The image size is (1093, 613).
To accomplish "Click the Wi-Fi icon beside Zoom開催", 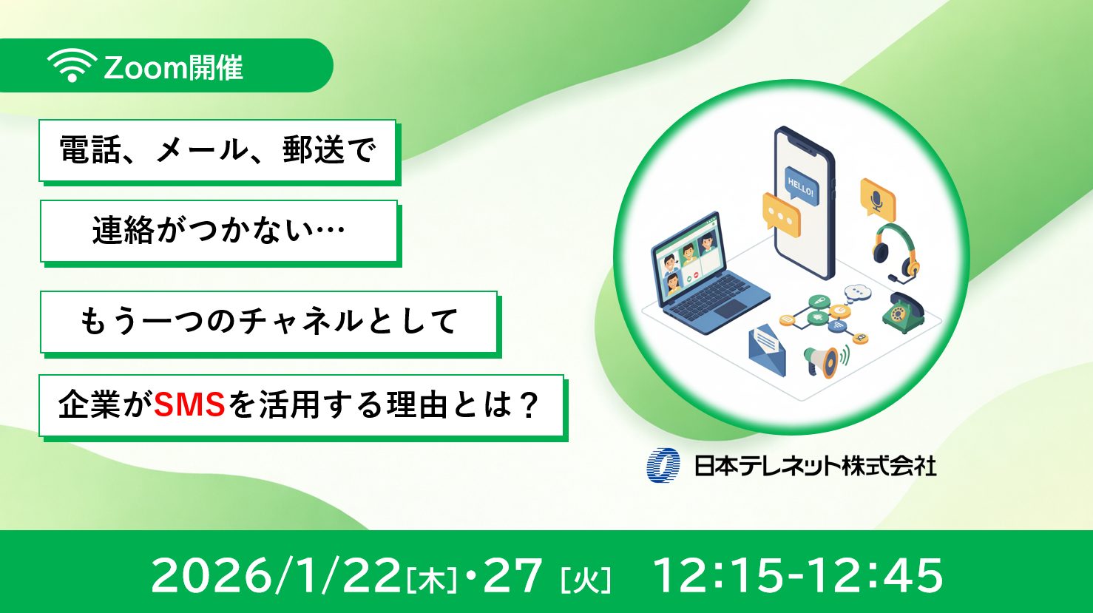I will [x=71, y=67].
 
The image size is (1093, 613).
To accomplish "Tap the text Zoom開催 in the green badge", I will [x=174, y=68].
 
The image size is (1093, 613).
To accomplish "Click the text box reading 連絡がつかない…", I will [x=219, y=231].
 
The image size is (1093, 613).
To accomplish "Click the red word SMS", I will [x=189, y=406].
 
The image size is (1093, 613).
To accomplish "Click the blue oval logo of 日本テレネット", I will [x=663, y=465].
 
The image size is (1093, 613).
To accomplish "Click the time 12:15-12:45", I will [x=798, y=575].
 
